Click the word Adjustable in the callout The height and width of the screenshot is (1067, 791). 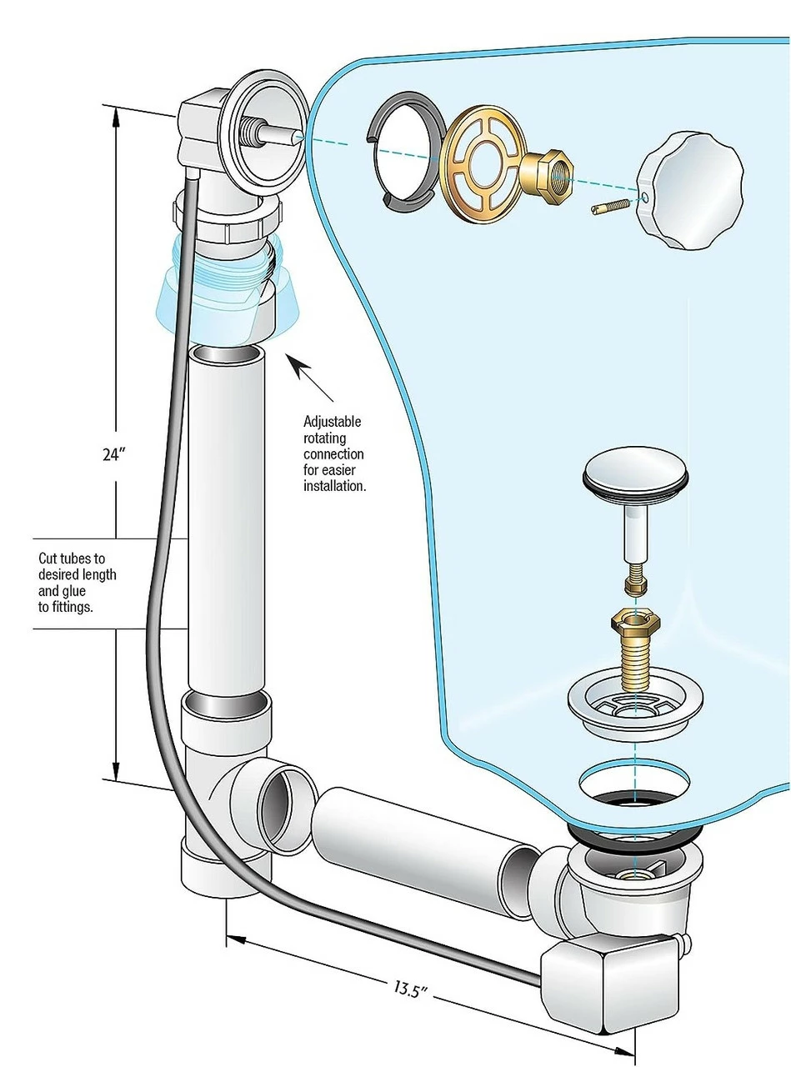click(x=332, y=423)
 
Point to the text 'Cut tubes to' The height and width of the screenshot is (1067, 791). click(x=72, y=559)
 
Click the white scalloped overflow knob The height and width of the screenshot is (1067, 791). click(x=688, y=189)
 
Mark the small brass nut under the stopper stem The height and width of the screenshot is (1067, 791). click(x=635, y=581)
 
